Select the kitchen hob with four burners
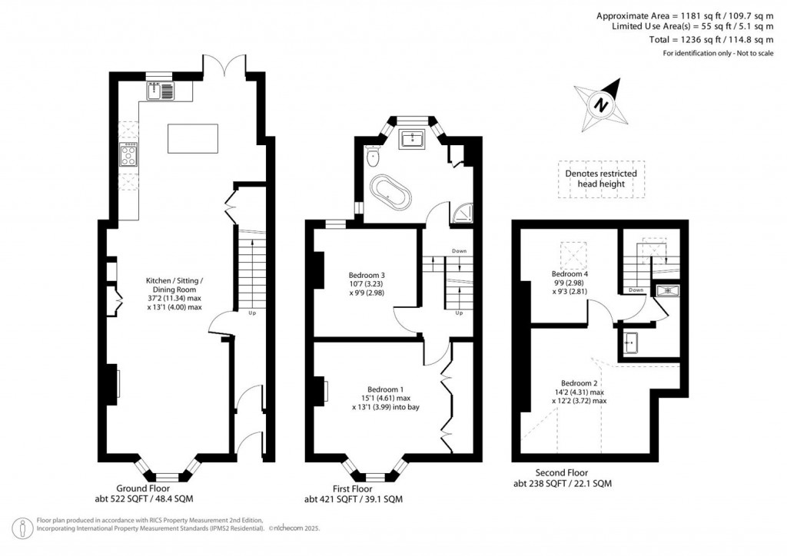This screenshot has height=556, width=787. point(128,156)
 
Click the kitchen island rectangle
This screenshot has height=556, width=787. point(192,138)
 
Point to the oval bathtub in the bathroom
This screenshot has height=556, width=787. point(391,192)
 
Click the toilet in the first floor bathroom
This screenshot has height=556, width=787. point(374,157)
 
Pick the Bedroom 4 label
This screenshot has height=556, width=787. point(569,273)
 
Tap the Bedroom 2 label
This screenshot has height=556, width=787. point(579,382)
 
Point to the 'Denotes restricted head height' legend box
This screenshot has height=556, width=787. point(601,180)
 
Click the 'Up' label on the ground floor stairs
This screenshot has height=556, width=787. point(252,313)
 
